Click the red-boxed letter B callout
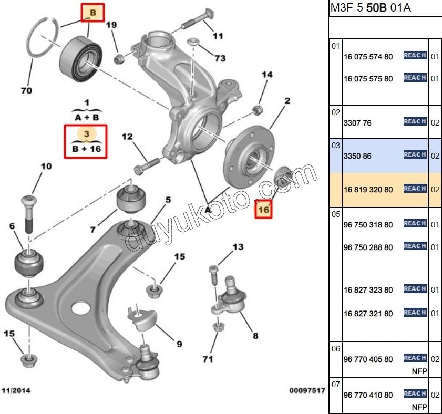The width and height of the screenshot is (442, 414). click(x=92, y=12)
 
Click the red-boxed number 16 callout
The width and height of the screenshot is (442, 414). click(x=263, y=209)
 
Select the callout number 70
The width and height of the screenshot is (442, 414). click(x=26, y=91)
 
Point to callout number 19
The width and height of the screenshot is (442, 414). click(x=111, y=25)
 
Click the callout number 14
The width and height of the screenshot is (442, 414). click(x=267, y=75)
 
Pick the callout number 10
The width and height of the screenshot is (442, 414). click(x=46, y=167)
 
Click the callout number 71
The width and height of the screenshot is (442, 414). click(x=208, y=359)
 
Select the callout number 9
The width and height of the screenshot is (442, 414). click(x=179, y=344)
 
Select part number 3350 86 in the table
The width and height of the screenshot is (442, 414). click(x=357, y=157)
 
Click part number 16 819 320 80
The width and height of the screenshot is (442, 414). click(x=368, y=190)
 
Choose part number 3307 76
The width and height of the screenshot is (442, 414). click(x=357, y=123)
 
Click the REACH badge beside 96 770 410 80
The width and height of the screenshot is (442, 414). click(x=415, y=394)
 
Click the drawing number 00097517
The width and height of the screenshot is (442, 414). click(x=307, y=391)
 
